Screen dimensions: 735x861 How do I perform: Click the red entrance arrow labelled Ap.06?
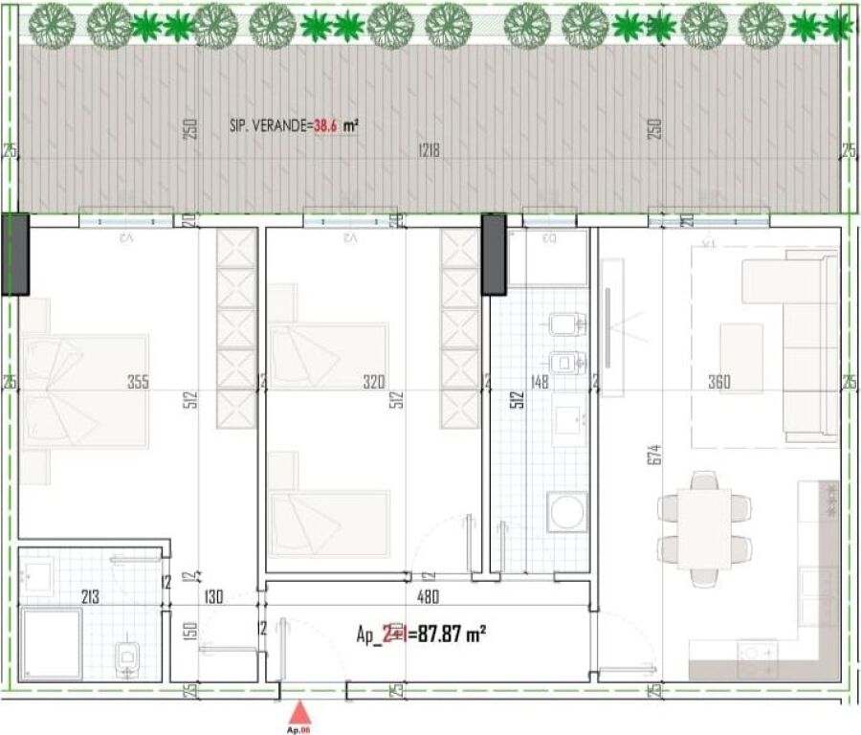click(x=300, y=713)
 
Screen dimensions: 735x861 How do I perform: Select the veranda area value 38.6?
click(x=326, y=125)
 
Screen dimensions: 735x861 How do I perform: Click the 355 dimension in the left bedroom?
click(x=139, y=383)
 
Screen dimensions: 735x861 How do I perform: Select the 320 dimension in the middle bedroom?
click(x=373, y=383)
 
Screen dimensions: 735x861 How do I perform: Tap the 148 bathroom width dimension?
click(x=541, y=383)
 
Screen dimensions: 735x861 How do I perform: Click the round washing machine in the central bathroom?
click(x=565, y=512)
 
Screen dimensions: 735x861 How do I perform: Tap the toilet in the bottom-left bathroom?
click(x=127, y=657)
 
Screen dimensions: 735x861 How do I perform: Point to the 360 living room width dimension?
click(x=719, y=383)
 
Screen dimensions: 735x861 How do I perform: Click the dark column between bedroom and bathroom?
click(x=493, y=253)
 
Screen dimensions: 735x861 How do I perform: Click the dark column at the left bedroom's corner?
click(x=14, y=254)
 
